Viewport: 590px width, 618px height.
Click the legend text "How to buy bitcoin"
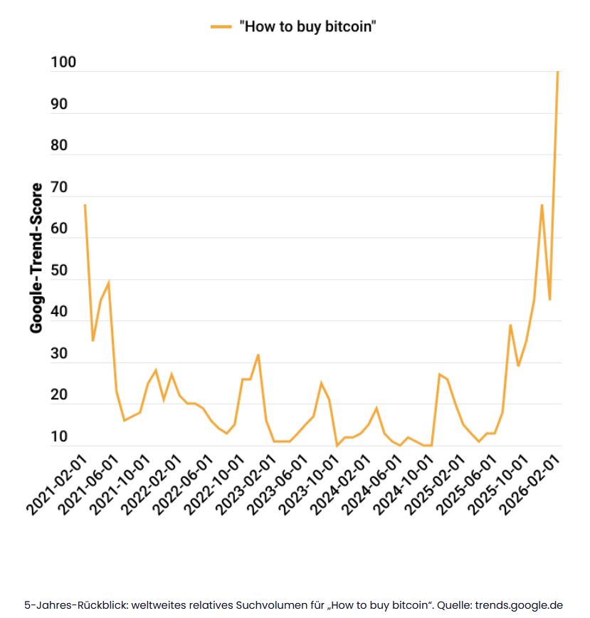click(x=307, y=26)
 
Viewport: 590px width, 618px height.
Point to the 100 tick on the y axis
click(x=63, y=63)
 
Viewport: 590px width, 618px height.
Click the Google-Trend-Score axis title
click(x=36, y=258)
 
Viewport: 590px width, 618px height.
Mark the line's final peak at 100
click(x=557, y=72)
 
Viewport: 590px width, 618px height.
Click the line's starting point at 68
click(x=85, y=205)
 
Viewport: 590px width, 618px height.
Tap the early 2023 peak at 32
click(x=258, y=355)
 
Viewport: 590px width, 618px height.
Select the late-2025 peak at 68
click(x=542, y=205)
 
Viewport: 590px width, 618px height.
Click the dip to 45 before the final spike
click(x=549, y=299)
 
